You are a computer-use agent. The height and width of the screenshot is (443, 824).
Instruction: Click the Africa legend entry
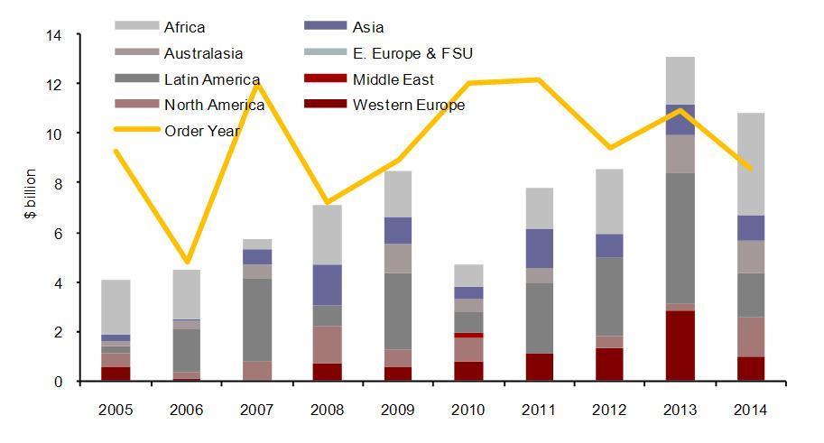[x=184, y=28]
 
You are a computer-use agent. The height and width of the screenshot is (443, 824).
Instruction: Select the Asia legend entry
[x=368, y=28]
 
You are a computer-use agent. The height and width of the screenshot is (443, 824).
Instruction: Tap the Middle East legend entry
[x=393, y=79]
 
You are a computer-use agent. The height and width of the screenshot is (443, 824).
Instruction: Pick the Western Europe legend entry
[x=409, y=106]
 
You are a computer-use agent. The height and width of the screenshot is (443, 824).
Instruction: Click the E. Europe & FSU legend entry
[x=412, y=54]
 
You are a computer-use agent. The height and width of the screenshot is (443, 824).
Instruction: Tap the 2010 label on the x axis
[x=468, y=409]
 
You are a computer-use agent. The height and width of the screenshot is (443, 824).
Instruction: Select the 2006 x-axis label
[x=187, y=409]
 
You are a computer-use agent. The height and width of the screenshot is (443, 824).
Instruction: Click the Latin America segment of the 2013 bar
[x=679, y=238]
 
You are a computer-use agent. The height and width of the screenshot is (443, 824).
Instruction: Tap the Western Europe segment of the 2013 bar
[x=679, y=346]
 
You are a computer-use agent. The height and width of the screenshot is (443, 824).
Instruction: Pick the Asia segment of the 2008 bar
[x=328, y=284]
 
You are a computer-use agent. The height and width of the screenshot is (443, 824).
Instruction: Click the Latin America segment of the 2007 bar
[x=257, y=319]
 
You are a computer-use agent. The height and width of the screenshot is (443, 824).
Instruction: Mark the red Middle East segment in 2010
[x=468, y=335]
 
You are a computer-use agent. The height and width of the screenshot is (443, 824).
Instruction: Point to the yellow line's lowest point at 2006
[x=187, y=262]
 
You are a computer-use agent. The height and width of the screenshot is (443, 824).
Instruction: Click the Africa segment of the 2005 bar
[x=116, y=307]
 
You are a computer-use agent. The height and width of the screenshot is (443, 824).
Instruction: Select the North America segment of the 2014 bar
[x=749, y=337]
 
